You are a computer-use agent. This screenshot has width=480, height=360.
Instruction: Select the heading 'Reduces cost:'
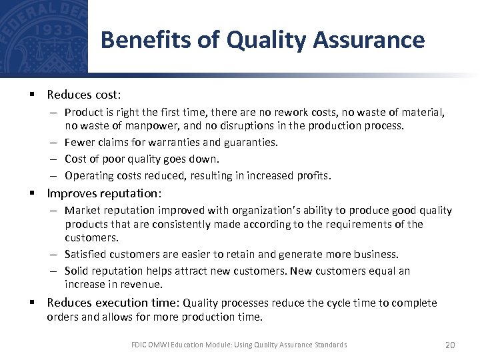tap(84, 95)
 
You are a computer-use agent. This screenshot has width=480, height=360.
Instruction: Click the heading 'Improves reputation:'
tap(104, 193)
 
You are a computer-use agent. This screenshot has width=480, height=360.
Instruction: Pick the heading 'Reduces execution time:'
tap(113, 303)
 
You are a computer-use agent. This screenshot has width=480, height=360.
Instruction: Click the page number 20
tap(449, 345)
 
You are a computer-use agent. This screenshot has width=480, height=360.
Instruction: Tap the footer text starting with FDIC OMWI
tap(239, 345)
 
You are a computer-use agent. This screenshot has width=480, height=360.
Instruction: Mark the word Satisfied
tap(85, 254)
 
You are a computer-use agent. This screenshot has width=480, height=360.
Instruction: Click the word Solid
tap(77, 271)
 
